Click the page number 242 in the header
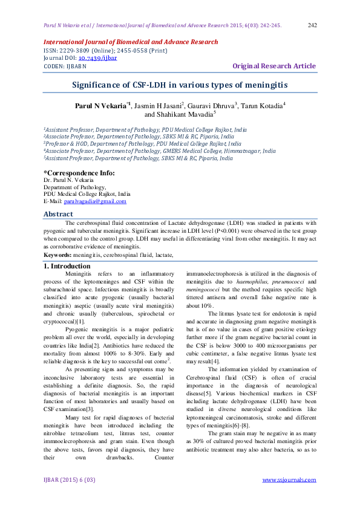(x=313, y=25)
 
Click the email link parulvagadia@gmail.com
(x=101, y=201)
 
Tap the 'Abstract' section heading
(x=59, y=214)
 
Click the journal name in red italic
(x=130, y=42)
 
